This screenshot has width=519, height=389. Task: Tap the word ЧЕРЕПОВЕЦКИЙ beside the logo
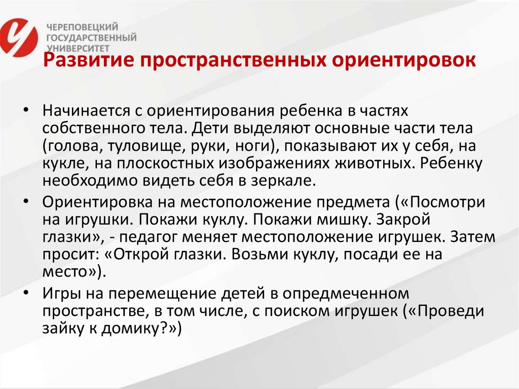82,27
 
